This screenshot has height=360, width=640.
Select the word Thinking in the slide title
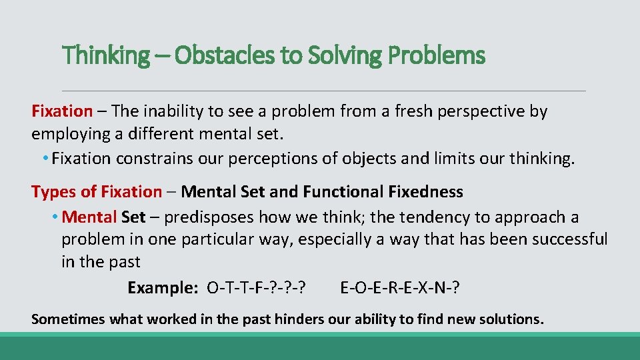(x=106, y=56)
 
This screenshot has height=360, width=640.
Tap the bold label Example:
(x=163, y=288)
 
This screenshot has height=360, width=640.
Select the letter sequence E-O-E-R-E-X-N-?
(x=400, y=288)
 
